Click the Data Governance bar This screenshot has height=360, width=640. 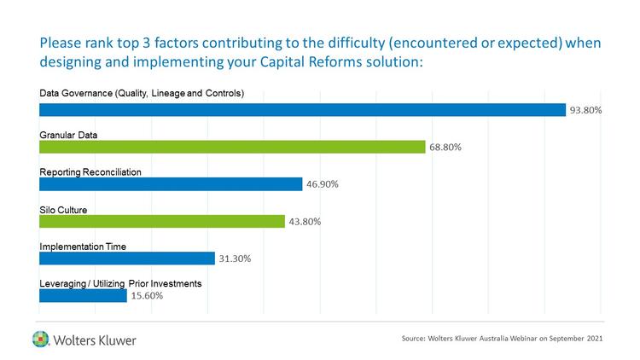click(x=303, y=109)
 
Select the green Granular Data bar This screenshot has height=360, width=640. click(x=232, y=147)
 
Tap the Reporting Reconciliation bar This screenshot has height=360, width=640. click(x=171, y=184)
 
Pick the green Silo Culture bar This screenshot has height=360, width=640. click(x=162, y=222)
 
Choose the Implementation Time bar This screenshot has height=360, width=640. click(x=127, y=258)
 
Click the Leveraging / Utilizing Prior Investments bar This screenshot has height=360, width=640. click(x=83, y=296)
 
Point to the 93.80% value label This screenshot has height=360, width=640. click(x=586, y=110)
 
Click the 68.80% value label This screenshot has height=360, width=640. click(x=445, y=147)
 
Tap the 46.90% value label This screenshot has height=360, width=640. click(x=323, y=184)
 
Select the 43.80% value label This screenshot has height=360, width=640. click(x=305, y=222)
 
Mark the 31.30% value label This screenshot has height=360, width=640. click(x=234, y=258)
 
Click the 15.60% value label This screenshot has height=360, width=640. click(x=146, y=296)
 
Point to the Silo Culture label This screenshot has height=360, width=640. click(x=64, y=209)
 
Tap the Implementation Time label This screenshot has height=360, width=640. click(x=83, y=247)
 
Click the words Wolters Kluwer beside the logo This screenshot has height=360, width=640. click(x=95, y=340)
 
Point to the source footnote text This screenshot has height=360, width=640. click(x=502, y=339)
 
